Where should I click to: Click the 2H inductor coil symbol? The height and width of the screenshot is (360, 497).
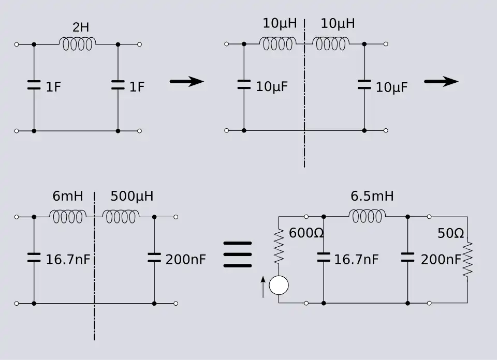coord(78,44)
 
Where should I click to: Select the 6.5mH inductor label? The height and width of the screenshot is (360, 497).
coord(372,197)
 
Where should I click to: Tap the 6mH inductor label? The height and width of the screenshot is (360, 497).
coord(68,197)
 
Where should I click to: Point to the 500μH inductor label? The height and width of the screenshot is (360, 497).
coord(131,197)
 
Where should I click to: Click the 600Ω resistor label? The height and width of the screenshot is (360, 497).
coord(306,233)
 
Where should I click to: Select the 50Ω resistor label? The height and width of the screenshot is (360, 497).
coord(450,234)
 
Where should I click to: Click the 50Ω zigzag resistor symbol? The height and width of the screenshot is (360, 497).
coord(467,259)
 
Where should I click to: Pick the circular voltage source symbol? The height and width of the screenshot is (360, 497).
coord(279,286)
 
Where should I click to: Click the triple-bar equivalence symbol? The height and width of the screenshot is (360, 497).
coord(238,254)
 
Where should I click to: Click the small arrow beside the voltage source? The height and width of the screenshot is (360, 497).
coord(263,286)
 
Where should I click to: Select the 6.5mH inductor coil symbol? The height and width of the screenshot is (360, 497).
coord(367,216)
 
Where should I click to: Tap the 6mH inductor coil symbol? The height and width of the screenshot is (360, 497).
coord(67,216)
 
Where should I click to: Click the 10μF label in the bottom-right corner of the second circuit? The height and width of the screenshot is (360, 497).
coord(391,88)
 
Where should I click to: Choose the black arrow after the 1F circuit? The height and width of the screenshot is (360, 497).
coord(187,81)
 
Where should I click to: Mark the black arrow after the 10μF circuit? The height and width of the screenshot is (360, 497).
coord(441,81)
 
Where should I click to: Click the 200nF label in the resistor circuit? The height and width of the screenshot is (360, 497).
coord(441,259)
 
